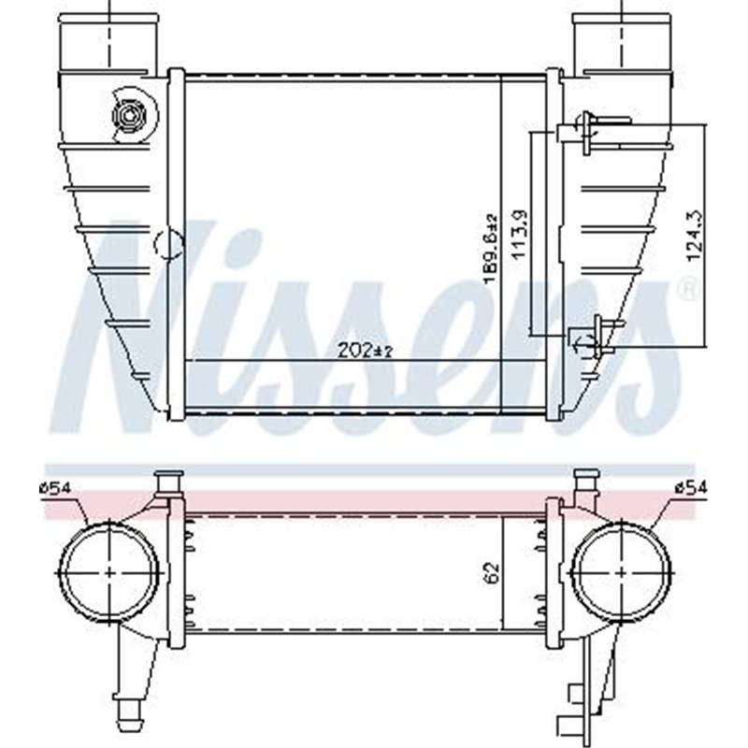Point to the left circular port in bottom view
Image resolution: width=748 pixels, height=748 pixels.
click(109, 571)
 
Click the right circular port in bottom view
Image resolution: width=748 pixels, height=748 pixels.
click(622, 571)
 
